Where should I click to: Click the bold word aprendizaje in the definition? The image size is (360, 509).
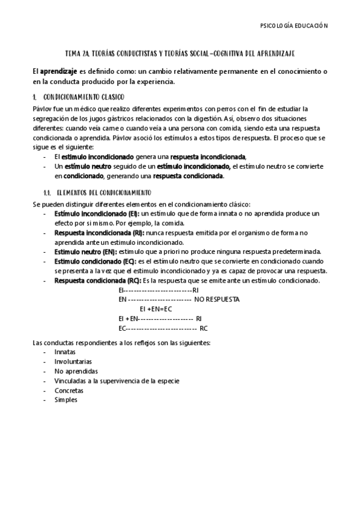pos(59,71)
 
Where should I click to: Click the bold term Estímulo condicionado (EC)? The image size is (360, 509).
pos(95,261)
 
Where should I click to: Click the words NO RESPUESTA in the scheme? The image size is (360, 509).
pos(217,299)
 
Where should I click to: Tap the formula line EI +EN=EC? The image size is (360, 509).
pos(155,309)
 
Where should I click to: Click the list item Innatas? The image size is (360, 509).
pos(65,352)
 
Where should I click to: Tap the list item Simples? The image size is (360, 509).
pos(66,400)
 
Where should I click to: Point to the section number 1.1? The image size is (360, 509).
pos(41,193)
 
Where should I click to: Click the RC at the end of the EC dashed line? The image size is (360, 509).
pos(204,328)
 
